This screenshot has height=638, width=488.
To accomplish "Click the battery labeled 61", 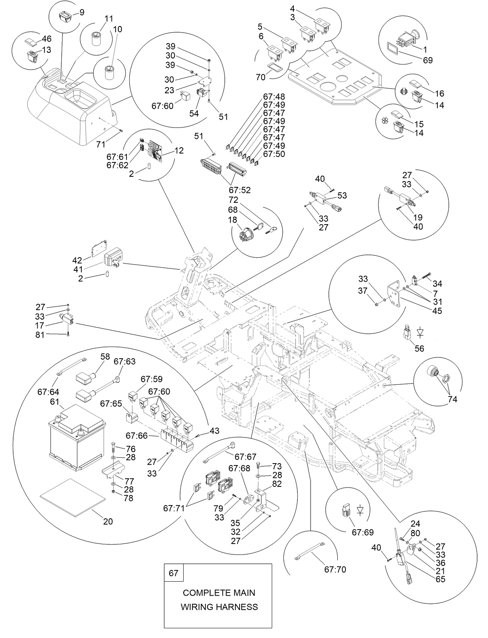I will point(77,437).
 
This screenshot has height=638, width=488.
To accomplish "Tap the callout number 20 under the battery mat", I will point(108,521).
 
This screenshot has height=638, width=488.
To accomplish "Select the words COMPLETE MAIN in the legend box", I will point(219,593).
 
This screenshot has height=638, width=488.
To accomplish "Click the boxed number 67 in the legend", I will point(174,573).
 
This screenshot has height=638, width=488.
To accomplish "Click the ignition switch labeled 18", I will point(245,235).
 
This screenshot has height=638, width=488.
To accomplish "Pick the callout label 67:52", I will point(240,190).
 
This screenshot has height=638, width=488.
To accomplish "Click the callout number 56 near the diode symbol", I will point(419,349).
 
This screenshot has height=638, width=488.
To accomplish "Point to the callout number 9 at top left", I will point(82,12).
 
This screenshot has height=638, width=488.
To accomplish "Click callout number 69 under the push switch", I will point(427,60).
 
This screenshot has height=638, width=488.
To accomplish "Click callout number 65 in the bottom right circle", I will point(440,579).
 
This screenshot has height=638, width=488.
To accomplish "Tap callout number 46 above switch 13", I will point(47,38).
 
